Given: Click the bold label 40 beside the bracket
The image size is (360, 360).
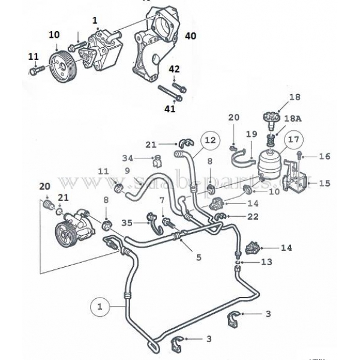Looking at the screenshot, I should pos(190,37).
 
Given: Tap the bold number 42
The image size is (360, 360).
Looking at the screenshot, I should pos(173,70).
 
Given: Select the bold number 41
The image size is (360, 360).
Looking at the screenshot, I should pos(170,109).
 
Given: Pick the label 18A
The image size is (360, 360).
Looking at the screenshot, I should pos(294,120).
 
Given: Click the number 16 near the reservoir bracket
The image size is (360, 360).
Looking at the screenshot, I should pos(324,156).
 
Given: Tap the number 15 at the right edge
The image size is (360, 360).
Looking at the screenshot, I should pos(324,182).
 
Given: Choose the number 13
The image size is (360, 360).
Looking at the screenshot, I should pos(266,262).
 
